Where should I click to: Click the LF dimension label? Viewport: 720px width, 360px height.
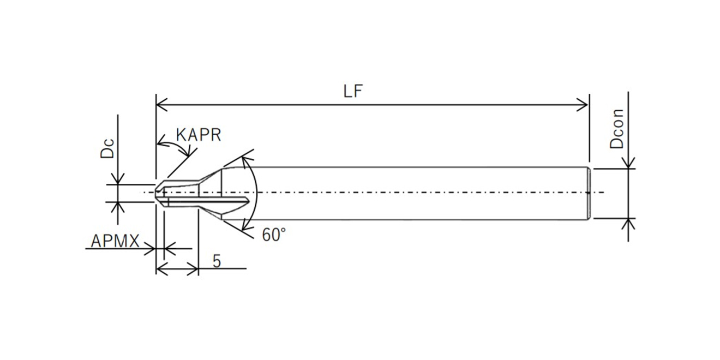[x=353, y=91]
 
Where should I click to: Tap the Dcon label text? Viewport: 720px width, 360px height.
[x=617, y=129]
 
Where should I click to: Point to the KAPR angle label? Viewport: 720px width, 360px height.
[x=199, y=135]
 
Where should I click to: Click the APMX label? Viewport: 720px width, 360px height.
[x=115, y=241]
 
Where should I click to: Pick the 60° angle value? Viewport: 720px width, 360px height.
[x=273, y=235]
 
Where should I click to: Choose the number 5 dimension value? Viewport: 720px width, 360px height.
[x=217, y=261]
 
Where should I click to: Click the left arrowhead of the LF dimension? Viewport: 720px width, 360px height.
[x=160, y=103]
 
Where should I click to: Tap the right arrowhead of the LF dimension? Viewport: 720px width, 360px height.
[x=584, y=103]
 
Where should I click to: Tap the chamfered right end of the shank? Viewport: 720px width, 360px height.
[x=589, y=193]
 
